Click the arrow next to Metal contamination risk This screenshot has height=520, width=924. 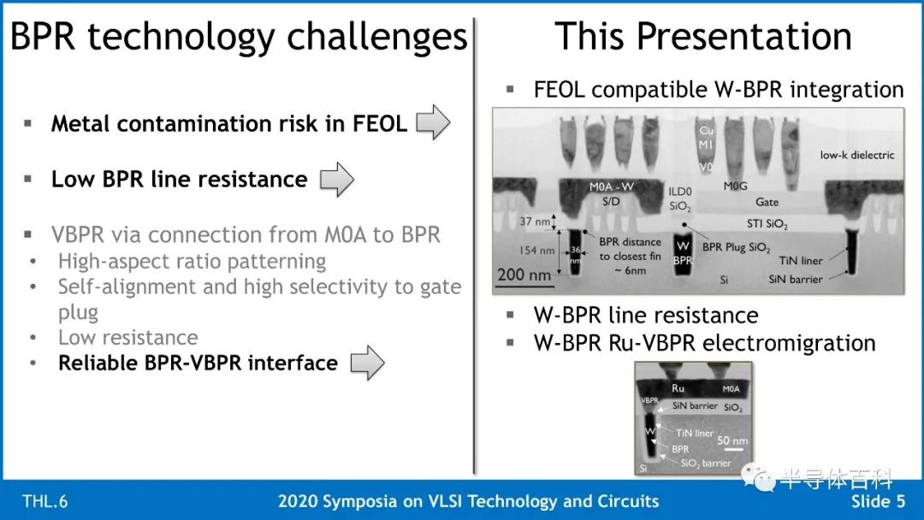433,122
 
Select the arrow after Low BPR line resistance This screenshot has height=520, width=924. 337,179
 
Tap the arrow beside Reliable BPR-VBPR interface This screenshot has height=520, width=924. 368,363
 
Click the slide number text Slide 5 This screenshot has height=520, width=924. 878,501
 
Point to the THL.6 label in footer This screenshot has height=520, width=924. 44,501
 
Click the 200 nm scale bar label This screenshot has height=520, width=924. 524,275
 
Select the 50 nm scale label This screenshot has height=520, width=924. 732,440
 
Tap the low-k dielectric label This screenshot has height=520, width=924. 856,155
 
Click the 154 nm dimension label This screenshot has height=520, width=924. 536,251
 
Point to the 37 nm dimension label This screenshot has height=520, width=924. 535,222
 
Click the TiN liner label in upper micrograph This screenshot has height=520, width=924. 800,260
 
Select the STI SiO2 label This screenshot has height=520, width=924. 767,224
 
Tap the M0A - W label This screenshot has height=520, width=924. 612,186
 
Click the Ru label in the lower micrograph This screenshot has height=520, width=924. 678,388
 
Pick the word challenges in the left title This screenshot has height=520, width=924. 377,37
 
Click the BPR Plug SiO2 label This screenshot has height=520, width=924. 736,247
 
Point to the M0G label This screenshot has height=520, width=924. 736,186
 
